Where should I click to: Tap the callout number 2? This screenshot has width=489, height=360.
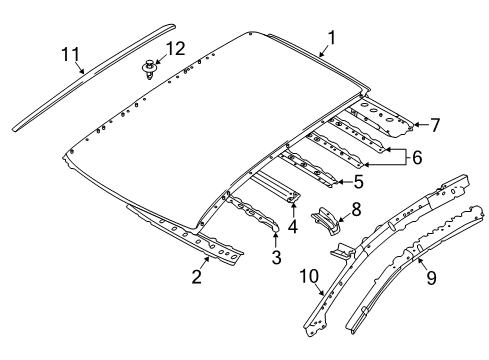pyautogui.click(x=198, y=276)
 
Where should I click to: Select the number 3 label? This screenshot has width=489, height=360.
pyautogui.click(x=276, y=258)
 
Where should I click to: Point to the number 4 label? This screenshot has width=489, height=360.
pyautogui.click(x=292, y=226)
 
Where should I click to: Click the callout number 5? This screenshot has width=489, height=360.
pyautogui.click(x=358, y=182)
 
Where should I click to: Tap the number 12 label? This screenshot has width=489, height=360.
pyautogui.click(x=175, y=49)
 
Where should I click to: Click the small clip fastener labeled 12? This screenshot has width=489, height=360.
pyautogui.click(x=150, y=70)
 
